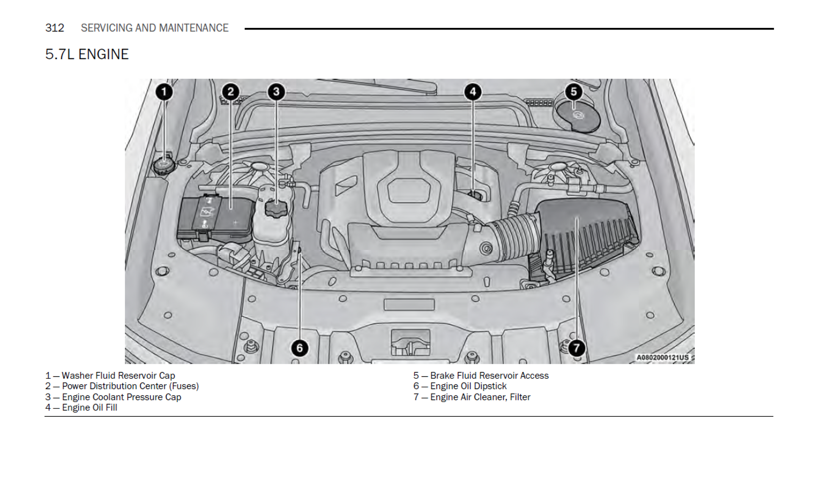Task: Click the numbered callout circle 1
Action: click(164, 92)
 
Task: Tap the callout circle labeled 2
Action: click(230, 92)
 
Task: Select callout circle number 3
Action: click(276, 92)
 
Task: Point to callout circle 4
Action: click(473, 92)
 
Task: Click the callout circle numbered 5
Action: click(573, 92)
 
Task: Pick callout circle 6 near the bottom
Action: click(300, 348)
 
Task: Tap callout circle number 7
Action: click(576, 348)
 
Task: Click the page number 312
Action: click(55, 28)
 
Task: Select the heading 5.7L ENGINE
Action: click(87, 55)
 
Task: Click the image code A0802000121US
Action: click(663, 358)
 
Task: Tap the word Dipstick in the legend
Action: click(491, 386)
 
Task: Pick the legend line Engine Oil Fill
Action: click(81, 407)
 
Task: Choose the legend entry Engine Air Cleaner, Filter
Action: click(472, 397)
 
